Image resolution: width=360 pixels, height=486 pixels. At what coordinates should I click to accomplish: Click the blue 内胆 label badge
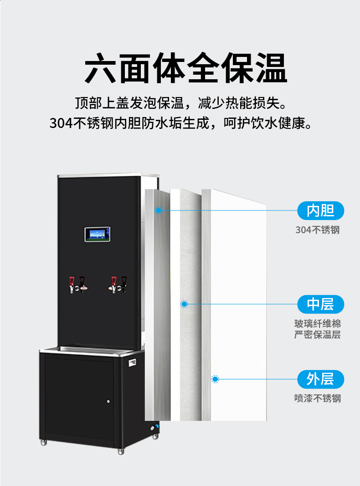click(321, 210)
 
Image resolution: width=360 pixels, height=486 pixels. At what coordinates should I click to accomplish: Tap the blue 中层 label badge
click(321, 304)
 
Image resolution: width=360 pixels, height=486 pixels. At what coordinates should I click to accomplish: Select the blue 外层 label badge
click(321, 379)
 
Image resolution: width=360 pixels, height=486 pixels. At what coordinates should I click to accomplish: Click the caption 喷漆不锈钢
click(318, 398)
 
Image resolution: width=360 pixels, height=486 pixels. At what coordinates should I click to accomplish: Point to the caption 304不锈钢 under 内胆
click(318, 230)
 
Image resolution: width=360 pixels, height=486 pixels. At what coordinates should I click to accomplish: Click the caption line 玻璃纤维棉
click(318, 324)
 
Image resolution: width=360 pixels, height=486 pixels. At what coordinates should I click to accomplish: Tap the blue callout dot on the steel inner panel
click(158, 210)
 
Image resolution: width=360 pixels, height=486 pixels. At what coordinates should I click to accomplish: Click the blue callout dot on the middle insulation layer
click(184, 304)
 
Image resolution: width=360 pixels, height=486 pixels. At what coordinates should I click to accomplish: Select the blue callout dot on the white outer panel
click(215, 379)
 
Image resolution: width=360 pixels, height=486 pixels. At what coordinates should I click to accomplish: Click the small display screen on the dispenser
click(98, 234)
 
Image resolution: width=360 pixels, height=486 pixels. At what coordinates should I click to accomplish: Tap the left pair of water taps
click(78, 285)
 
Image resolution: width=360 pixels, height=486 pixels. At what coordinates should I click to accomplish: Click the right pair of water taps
click(118, 285)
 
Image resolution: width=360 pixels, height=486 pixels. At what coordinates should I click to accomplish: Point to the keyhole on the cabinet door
click(108, 401)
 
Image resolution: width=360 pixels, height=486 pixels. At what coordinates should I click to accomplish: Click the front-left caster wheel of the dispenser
click(43, 442)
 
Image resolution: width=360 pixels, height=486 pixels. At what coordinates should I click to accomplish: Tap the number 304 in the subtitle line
click(61, 123)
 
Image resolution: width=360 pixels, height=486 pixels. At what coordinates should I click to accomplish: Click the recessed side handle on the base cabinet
click(133, 362)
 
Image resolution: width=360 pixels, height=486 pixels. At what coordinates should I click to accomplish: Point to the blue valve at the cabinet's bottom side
click(157, 426)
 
